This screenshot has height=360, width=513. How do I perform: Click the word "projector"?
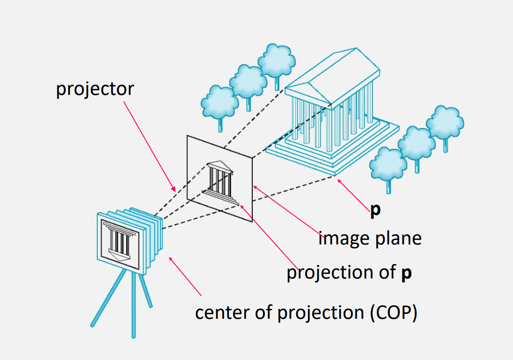click(x=95, y=89)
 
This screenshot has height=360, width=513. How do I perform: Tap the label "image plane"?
click(x=370, y=238)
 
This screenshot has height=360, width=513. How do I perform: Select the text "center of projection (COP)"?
click(x=306, y=313)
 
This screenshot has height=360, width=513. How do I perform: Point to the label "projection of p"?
click(x=349, y=273)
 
